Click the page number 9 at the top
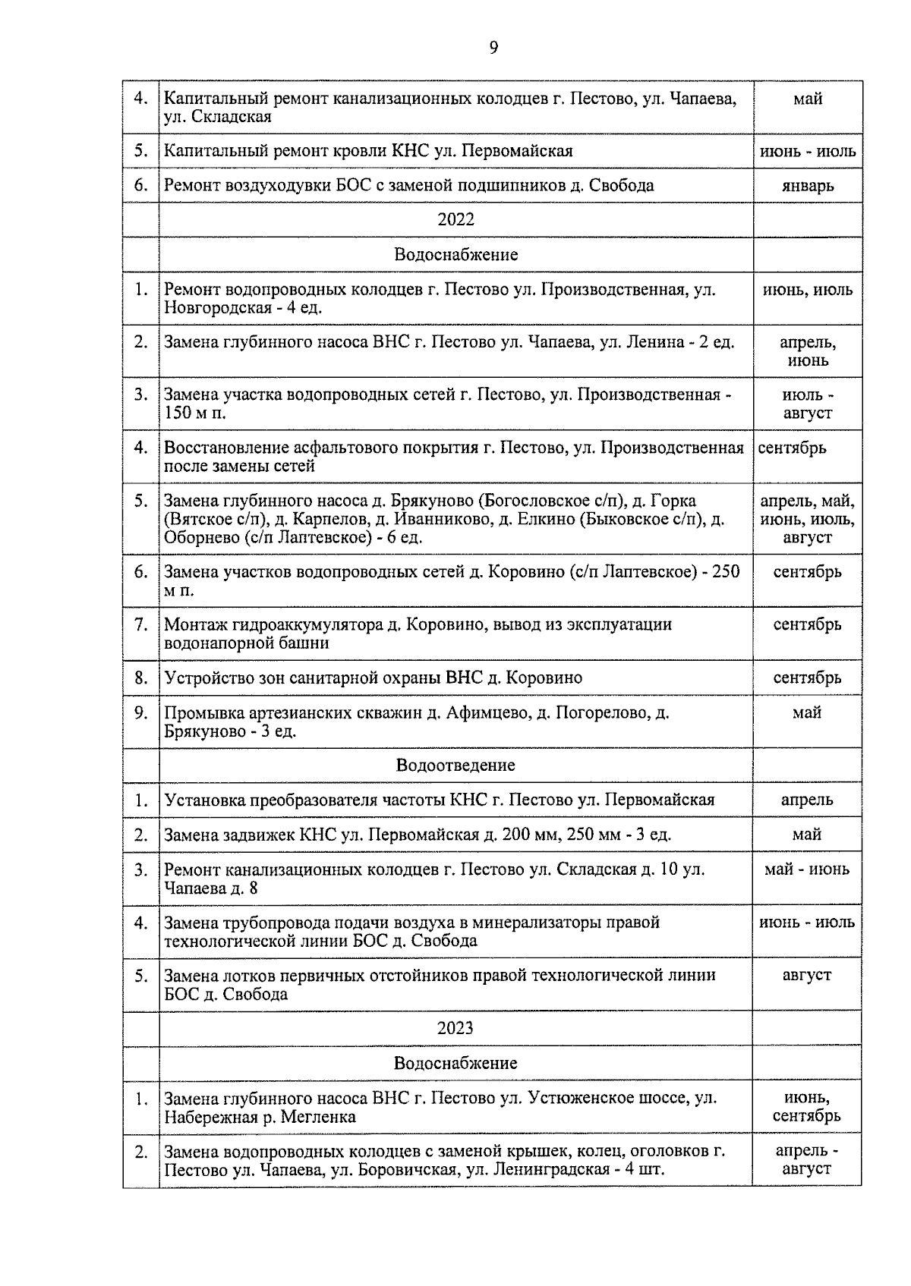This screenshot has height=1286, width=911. tap(493, 48)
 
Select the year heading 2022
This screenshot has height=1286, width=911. tap(455, 219)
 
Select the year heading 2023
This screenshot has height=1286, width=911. tap(455, 1028)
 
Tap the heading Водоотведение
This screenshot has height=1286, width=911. tap(455, 765)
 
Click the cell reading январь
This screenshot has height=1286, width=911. tap(807, 185)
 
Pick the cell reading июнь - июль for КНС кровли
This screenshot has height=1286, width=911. tap(807, 151)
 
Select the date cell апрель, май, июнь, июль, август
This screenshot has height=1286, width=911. tap(807, 519)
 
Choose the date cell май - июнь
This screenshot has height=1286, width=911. tap(807, 869)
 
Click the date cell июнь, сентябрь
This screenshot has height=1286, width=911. tap(807, 1107)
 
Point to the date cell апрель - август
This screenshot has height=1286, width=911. tap(807, 1160)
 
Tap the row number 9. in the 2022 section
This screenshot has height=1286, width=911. tap(140, 713)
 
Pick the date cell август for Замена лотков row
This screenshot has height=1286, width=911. tap(807, 975)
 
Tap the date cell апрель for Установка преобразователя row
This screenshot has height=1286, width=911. tap(807, 800)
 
